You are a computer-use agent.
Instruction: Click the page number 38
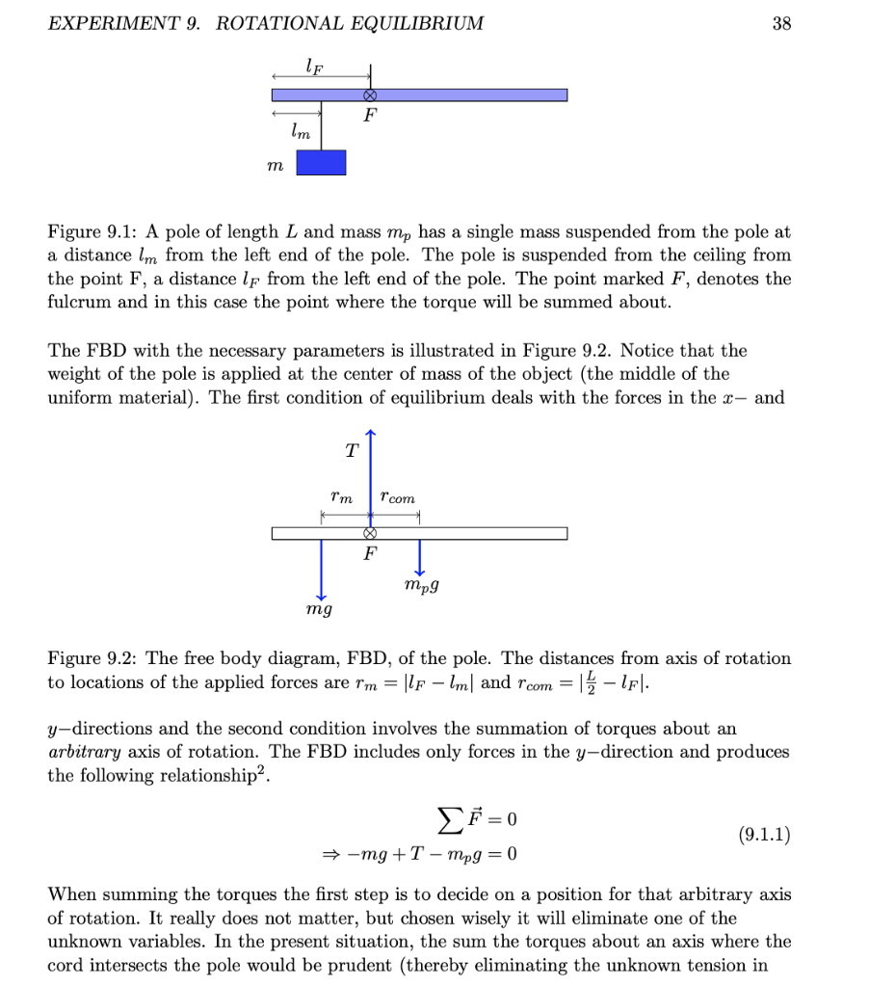click(x=781, y=23)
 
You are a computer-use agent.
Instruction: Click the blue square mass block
click(x=321, y=162)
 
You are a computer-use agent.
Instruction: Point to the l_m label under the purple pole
click(x=302, y=133)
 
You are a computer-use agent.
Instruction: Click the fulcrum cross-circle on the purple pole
click(x=369, y=94)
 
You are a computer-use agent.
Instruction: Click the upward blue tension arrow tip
click(x=369, y=434)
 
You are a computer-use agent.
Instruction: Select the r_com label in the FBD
click(x=398, y=497)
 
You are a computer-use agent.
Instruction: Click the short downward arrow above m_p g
click(x=419, y=559)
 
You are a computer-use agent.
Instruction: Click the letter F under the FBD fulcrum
click(x=369, y=555)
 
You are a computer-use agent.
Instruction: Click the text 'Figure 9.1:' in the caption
click(x=89, y=232)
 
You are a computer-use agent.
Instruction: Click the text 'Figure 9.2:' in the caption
click(x=89, y=659)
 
